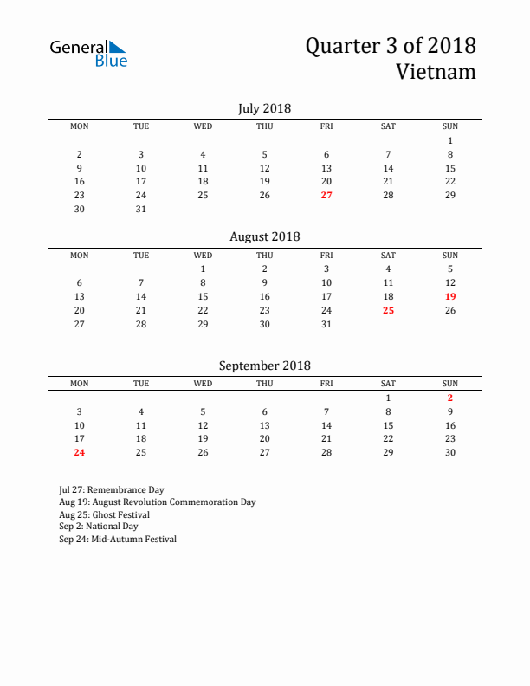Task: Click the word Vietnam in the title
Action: (436, 71)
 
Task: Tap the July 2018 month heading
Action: (264, 108)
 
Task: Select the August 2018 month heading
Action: (264, 236)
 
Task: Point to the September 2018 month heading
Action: (264, 366)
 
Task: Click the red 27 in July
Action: (326, 195)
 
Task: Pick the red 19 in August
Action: (450, 296)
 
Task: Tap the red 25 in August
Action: (388, 310)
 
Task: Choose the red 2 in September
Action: (450, 398)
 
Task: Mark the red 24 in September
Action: (80, 452)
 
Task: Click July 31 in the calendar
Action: (141, 209)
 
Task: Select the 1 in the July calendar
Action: (450, 140)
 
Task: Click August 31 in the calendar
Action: (326, 324)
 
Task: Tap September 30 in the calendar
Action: (450, 452)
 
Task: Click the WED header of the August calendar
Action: (203, 255)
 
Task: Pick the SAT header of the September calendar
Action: (388, 383)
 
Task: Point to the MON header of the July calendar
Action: (80, 126)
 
